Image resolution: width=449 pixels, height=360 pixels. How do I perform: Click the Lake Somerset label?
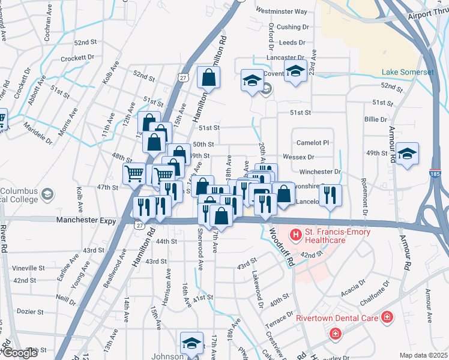408,73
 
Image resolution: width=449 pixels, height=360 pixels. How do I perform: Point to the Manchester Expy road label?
86,221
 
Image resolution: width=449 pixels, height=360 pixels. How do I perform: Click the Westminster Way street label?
281,11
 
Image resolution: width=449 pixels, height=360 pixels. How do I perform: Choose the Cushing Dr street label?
292,27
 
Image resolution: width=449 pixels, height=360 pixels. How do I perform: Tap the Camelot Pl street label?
313,143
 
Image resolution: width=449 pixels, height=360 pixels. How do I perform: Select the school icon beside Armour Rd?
407,155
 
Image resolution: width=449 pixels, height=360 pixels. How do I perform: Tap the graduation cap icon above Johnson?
191,344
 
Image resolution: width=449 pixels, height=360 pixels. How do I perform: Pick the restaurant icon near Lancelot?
330,195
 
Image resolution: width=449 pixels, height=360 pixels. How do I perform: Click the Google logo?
20,353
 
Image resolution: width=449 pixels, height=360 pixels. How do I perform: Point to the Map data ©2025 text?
423,355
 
